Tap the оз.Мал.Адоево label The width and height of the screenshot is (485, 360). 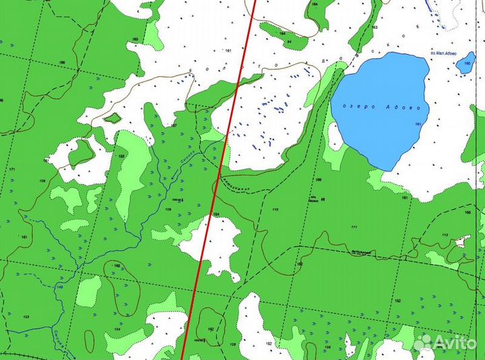[x=441, y=53]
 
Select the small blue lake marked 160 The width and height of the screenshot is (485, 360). [x=465, y=65]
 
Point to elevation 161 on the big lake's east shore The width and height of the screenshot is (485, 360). [x=418, y=124]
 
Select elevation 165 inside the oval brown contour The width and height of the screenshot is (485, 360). [x=116, y=266]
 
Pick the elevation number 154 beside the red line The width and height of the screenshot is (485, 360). [x=217, y=214]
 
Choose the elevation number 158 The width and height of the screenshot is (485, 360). [x=121, y=156]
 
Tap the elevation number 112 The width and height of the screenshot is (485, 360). [x=445, y=235]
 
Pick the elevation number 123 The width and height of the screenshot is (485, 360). [x=26, y=316]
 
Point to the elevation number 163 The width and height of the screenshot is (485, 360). [x=375, y=28]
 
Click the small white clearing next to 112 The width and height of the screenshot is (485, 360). [x=462, y=241]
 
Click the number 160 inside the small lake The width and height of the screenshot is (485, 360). [x=465, y=65]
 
